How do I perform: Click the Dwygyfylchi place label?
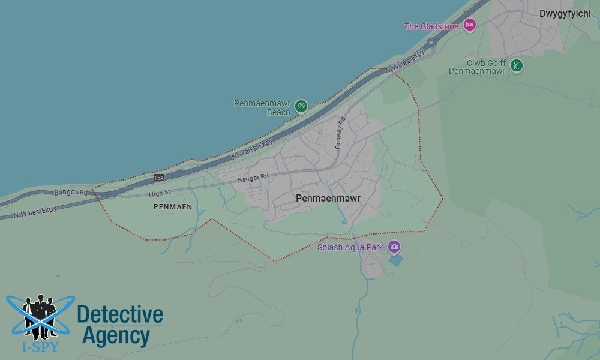tap(565, 13)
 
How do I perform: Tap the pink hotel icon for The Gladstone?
tap(469, 25)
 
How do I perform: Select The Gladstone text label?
tap(431, 26)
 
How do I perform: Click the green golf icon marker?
tap(516, 65)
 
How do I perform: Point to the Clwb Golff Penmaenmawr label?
tap(478, 67)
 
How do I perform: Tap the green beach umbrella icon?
tap(301, 106)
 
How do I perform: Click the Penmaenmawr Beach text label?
tap(262, 108)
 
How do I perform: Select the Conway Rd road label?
tap(341, 133)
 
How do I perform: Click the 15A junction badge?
tap(158, 178)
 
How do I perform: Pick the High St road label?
tap(160, 193)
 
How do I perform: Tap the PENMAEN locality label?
tap(173, 206)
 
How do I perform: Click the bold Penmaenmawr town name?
tap(328, 197)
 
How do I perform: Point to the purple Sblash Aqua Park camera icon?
tap(394, 246)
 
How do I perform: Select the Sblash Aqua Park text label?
tap(350, 247)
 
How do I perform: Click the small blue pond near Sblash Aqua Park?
tap(395, 260)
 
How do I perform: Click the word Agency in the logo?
tap(116, 335)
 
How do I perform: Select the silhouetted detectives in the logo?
tap(40, 315)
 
